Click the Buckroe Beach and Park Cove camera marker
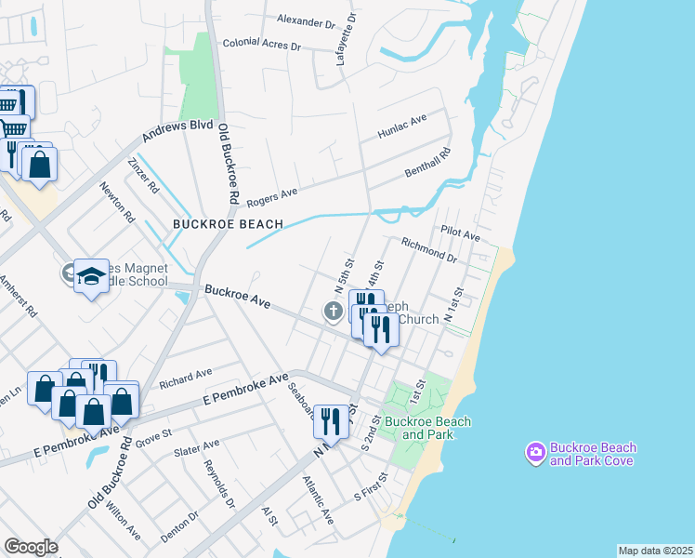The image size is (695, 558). [x=536, y=453]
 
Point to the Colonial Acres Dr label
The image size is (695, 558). [x=261, y=45]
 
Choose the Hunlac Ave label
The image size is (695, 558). [x=402, y=127]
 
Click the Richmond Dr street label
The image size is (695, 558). [x=428, y=249]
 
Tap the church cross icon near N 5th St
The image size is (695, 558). [x=333, y=312]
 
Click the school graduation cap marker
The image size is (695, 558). [x=91, y=275]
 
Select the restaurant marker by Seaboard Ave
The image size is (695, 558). [x=331, y=420]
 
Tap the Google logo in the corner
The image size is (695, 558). [x=31, y=547]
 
